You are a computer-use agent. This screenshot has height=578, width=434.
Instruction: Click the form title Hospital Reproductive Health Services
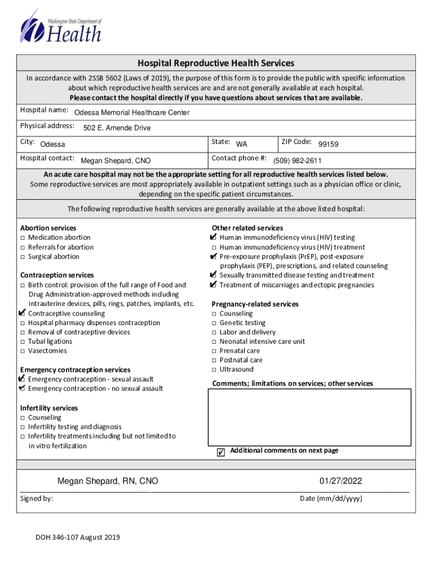click(216, 63)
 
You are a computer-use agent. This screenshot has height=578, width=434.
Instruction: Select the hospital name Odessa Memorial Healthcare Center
click(132, 113)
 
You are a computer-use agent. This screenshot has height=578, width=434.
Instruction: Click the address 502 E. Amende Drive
click(117, 128)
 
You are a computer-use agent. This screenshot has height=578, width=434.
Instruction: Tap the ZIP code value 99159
click(328, 144)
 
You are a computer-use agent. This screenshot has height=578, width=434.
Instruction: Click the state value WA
click(241, 144)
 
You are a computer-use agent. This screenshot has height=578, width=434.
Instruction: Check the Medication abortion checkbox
click(23, 238)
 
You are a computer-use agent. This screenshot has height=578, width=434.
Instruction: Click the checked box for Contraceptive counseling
click(22, 313)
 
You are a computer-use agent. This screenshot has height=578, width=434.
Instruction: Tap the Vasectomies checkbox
click(23, 351)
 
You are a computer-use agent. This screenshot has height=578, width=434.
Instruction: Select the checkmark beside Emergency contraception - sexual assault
click(22, 379)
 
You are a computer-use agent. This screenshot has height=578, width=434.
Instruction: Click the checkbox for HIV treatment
click(214, 248)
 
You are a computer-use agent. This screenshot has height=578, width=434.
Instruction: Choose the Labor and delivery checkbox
click(214, 332)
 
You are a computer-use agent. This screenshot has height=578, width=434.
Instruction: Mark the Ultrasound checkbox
click(214, 370)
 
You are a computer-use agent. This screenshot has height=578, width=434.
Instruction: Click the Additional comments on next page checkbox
click(221, 452)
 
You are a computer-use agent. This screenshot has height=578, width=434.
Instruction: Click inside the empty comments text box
click(308, 418)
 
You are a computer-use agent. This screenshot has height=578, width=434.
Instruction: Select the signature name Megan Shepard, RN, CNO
click(108, 481)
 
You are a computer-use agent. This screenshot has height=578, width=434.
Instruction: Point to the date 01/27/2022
click(341, 481)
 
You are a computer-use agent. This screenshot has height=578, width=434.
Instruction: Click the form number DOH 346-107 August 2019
click(78, 537)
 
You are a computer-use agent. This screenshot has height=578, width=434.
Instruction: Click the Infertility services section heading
click(49, 408)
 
